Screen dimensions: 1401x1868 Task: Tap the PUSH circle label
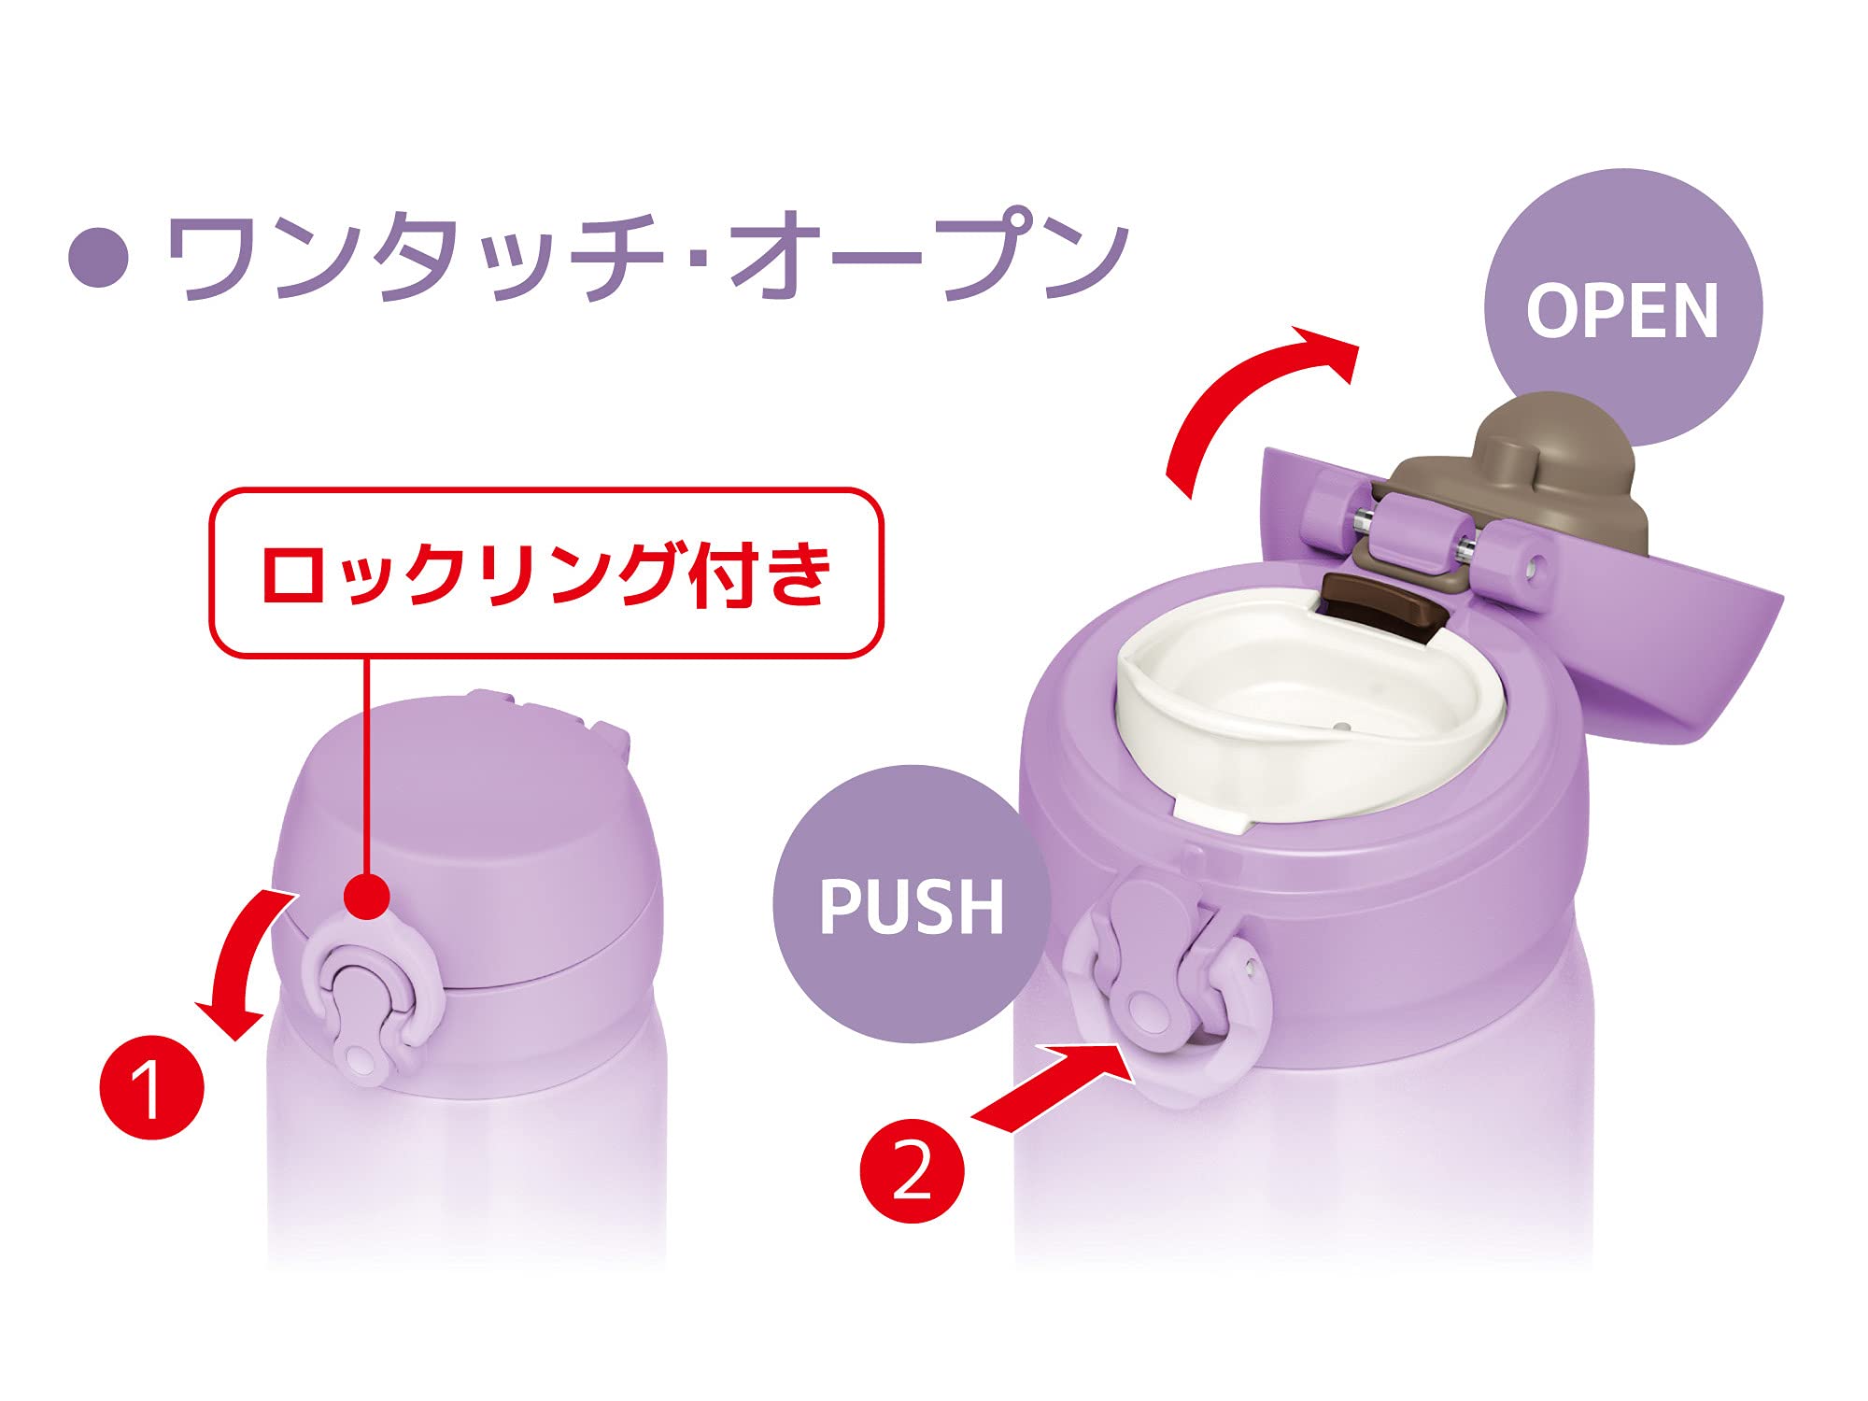[x=911, y=904]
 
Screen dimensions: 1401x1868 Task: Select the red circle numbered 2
[x=912, y=1170]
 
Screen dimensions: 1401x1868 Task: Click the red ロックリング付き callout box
[x=546, y=573]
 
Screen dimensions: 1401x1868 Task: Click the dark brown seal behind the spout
[x=1382, y=607]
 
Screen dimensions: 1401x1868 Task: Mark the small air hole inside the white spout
[x=1342, y=726]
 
